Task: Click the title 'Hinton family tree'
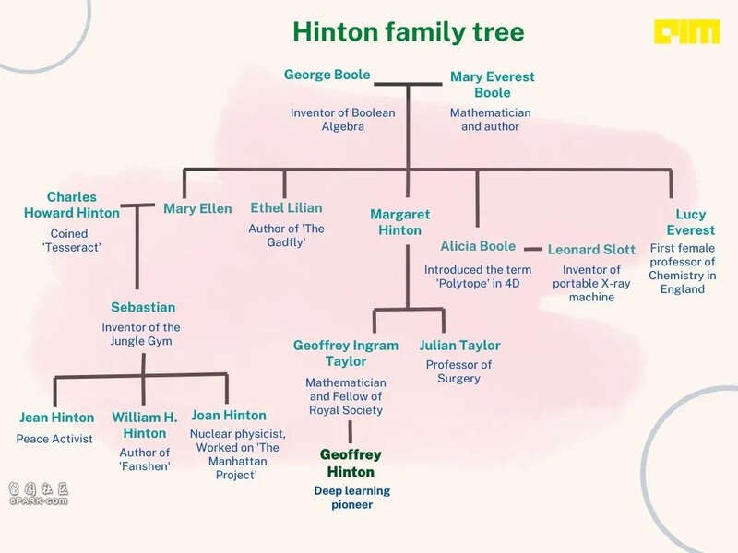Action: pyautogui.click(x=408, y=32)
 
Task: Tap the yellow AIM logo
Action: pyautogui.click(x=686, y=31)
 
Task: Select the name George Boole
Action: pyautogui.click(x=327, y=75)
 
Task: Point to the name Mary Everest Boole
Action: pyautogui.click(x=493, y=85)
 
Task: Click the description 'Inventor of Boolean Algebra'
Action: pyautogui.click(x=342, y=120)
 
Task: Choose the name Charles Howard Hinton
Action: pyautogui.click(x=72, y=205)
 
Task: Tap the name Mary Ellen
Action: pyautogui.click(x=197, y=209)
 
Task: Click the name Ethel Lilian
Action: pyautogui.click(x=286, y=208)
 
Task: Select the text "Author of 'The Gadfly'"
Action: pyautogui.click(x=286, y=235)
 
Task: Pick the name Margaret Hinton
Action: pyautogui.click(x=400, y=222)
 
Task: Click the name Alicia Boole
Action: pyautogui.click(x=478, y=246)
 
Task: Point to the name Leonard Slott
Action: pyautogui.click(x=591, y=250)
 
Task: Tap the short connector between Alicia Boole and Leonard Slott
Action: pyautogui.click(x=533, y=249)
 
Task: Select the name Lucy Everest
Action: pyautogui.click(x=690, y=222)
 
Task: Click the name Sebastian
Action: pyautogui.click(x=143, y=307)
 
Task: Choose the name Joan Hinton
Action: pyautogui.click(x=229, y=416)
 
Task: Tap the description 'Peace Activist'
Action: pyautogui.click(x=54, y=439)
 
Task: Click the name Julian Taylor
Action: pyautogui.click(x=459, y=345)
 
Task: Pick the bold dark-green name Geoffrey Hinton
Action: pyautogui.click(x=351, y=464)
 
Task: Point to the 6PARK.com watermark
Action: pyautogui.click(x=39, y=494)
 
